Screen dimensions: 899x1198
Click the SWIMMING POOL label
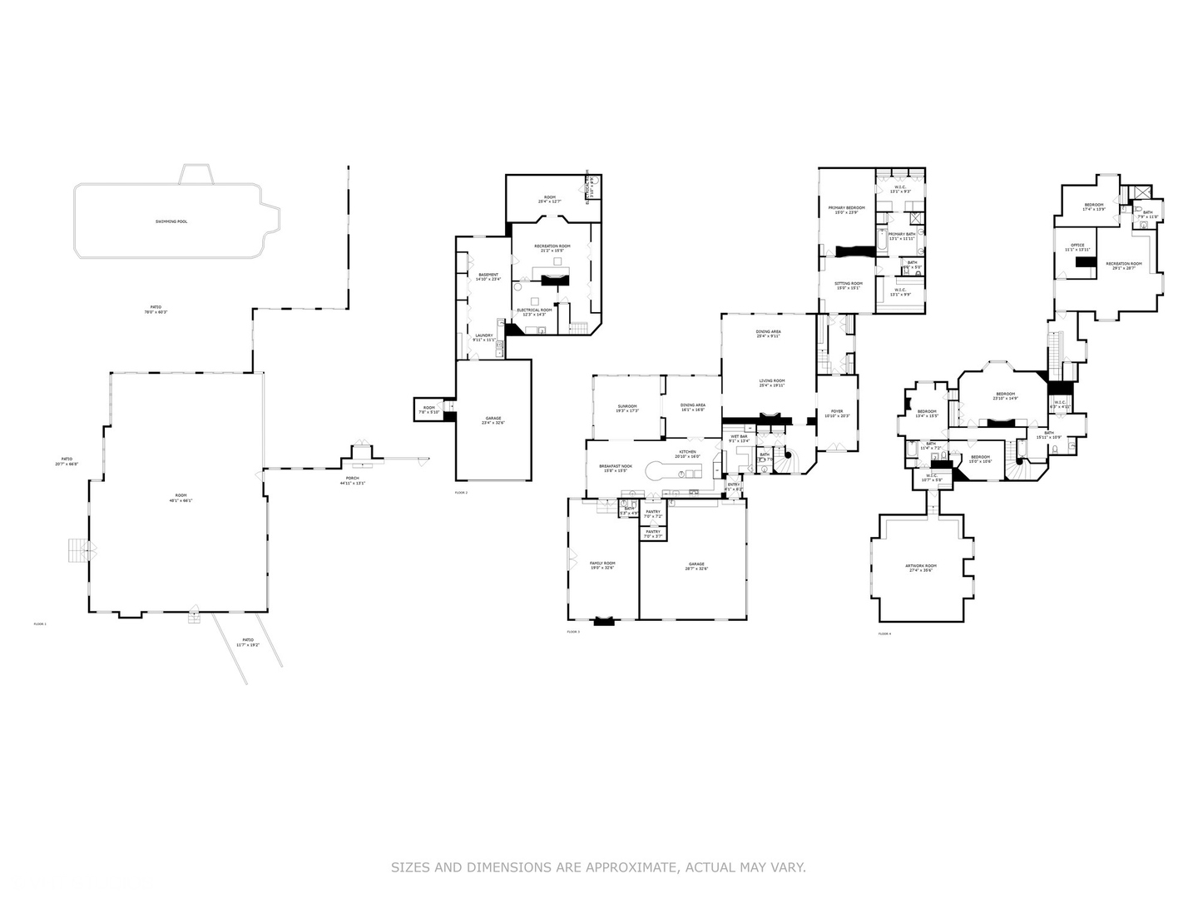click(171, 221)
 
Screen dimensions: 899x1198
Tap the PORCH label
click(353, 478)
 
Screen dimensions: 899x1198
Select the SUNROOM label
click(626, 406)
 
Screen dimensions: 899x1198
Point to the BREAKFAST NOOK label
click(616, 466)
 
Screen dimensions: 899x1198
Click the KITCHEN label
click(686, 452)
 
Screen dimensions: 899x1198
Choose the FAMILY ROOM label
click(602, 564)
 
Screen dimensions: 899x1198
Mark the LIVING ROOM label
click(771, 381)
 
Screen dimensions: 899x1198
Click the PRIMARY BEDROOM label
click(846, 207)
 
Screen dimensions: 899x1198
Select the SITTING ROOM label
click(849, 284)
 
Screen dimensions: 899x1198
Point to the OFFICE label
click(1077, 245)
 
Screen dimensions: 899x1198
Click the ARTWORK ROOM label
click(921, 566)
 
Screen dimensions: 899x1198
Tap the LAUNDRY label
click(483, 335)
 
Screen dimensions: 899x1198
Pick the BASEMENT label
click(488, 275)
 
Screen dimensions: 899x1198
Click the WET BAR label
click(739, 436)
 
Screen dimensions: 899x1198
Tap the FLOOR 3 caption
click(573, 632)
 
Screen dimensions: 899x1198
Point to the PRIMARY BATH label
click(901, 234)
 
